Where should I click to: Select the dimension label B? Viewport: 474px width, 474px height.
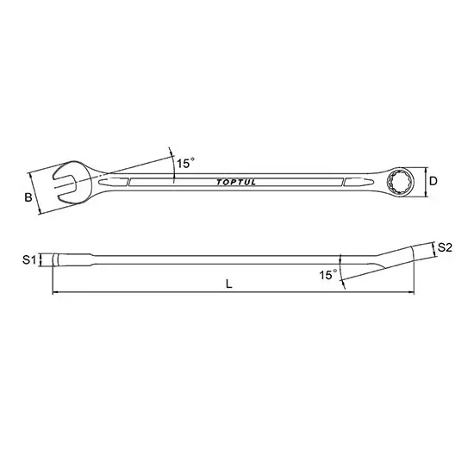click(x=28, y=198)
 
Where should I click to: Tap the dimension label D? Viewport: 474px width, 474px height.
click(x=434, y=181)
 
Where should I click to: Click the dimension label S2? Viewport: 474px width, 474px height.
click(x=445, y=248)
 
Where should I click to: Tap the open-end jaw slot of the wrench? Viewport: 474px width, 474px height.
click(x=62, y=183)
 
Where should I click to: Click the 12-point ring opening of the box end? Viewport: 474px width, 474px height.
click(x=402, y=182)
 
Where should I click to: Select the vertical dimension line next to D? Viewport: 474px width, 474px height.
click(x=423, y=182)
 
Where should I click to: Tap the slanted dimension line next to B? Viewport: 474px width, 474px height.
click(x=36, y=191)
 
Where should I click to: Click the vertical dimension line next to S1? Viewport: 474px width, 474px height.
click(x=41, y=259)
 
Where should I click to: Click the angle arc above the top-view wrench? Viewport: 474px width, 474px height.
click(x=173, y=164)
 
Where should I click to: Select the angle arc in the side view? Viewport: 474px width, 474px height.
click(x=342, y=268)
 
